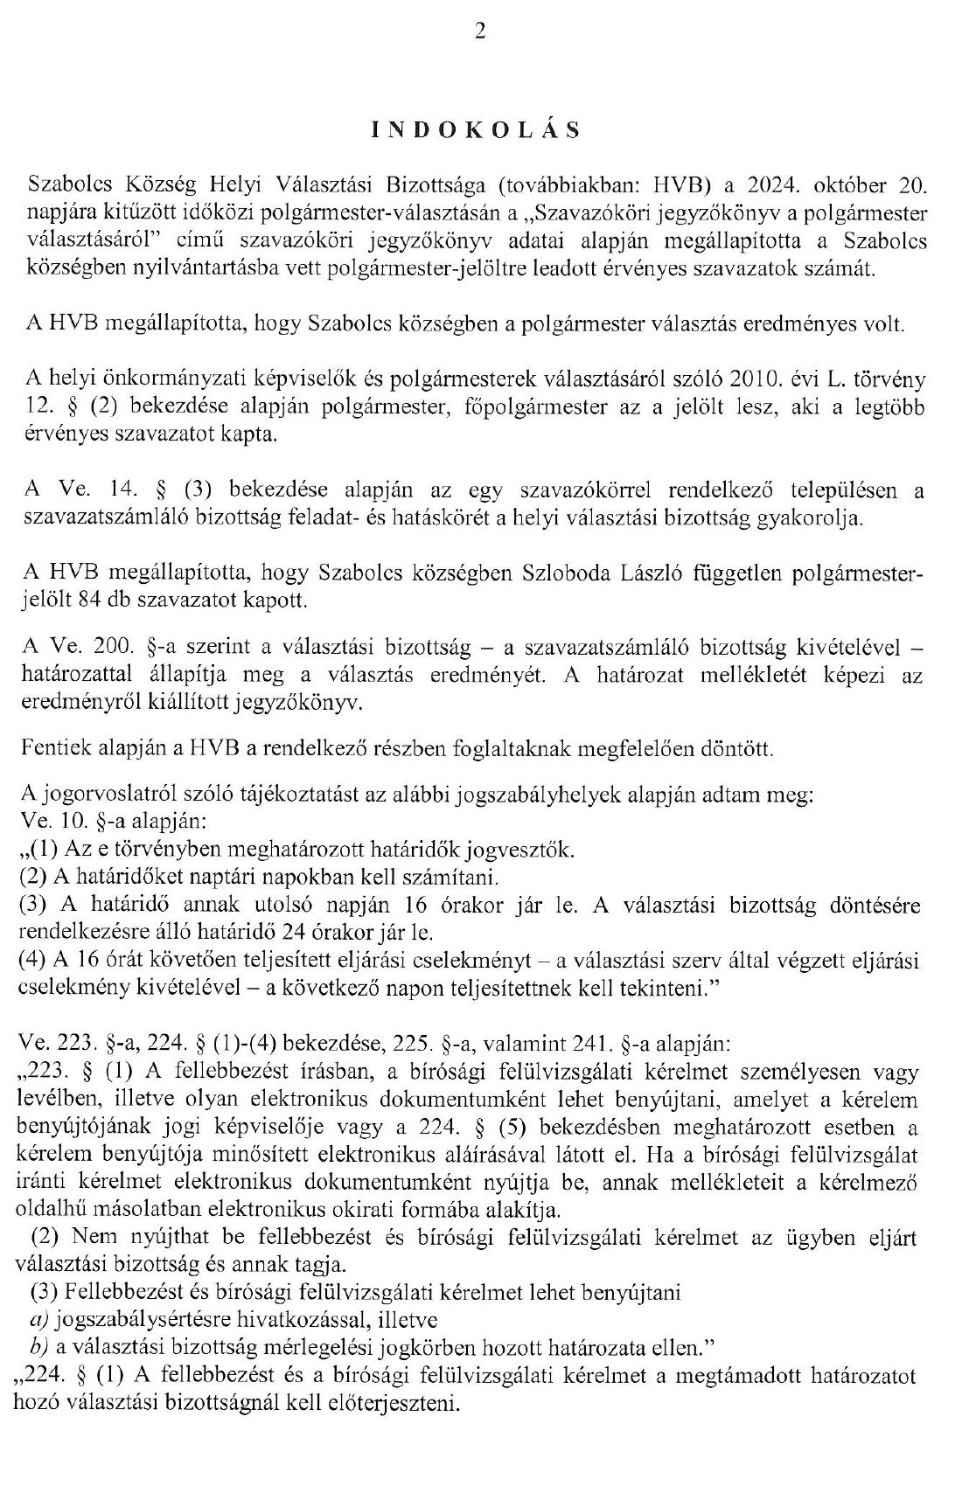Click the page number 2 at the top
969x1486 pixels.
pyautogui.click(x=479, y=33)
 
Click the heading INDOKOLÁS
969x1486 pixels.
pyautogui.click(x=476, y=130)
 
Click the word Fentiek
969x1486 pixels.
pyautogui.click(x=55, y=748)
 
